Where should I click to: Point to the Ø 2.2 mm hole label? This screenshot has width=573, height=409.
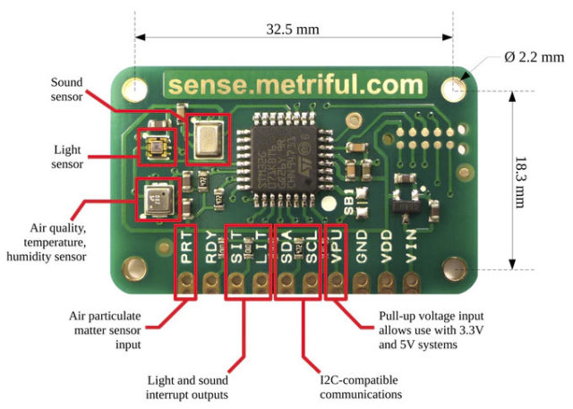[x=535, y=57]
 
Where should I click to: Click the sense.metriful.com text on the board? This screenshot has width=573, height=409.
[x=295, y=86]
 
